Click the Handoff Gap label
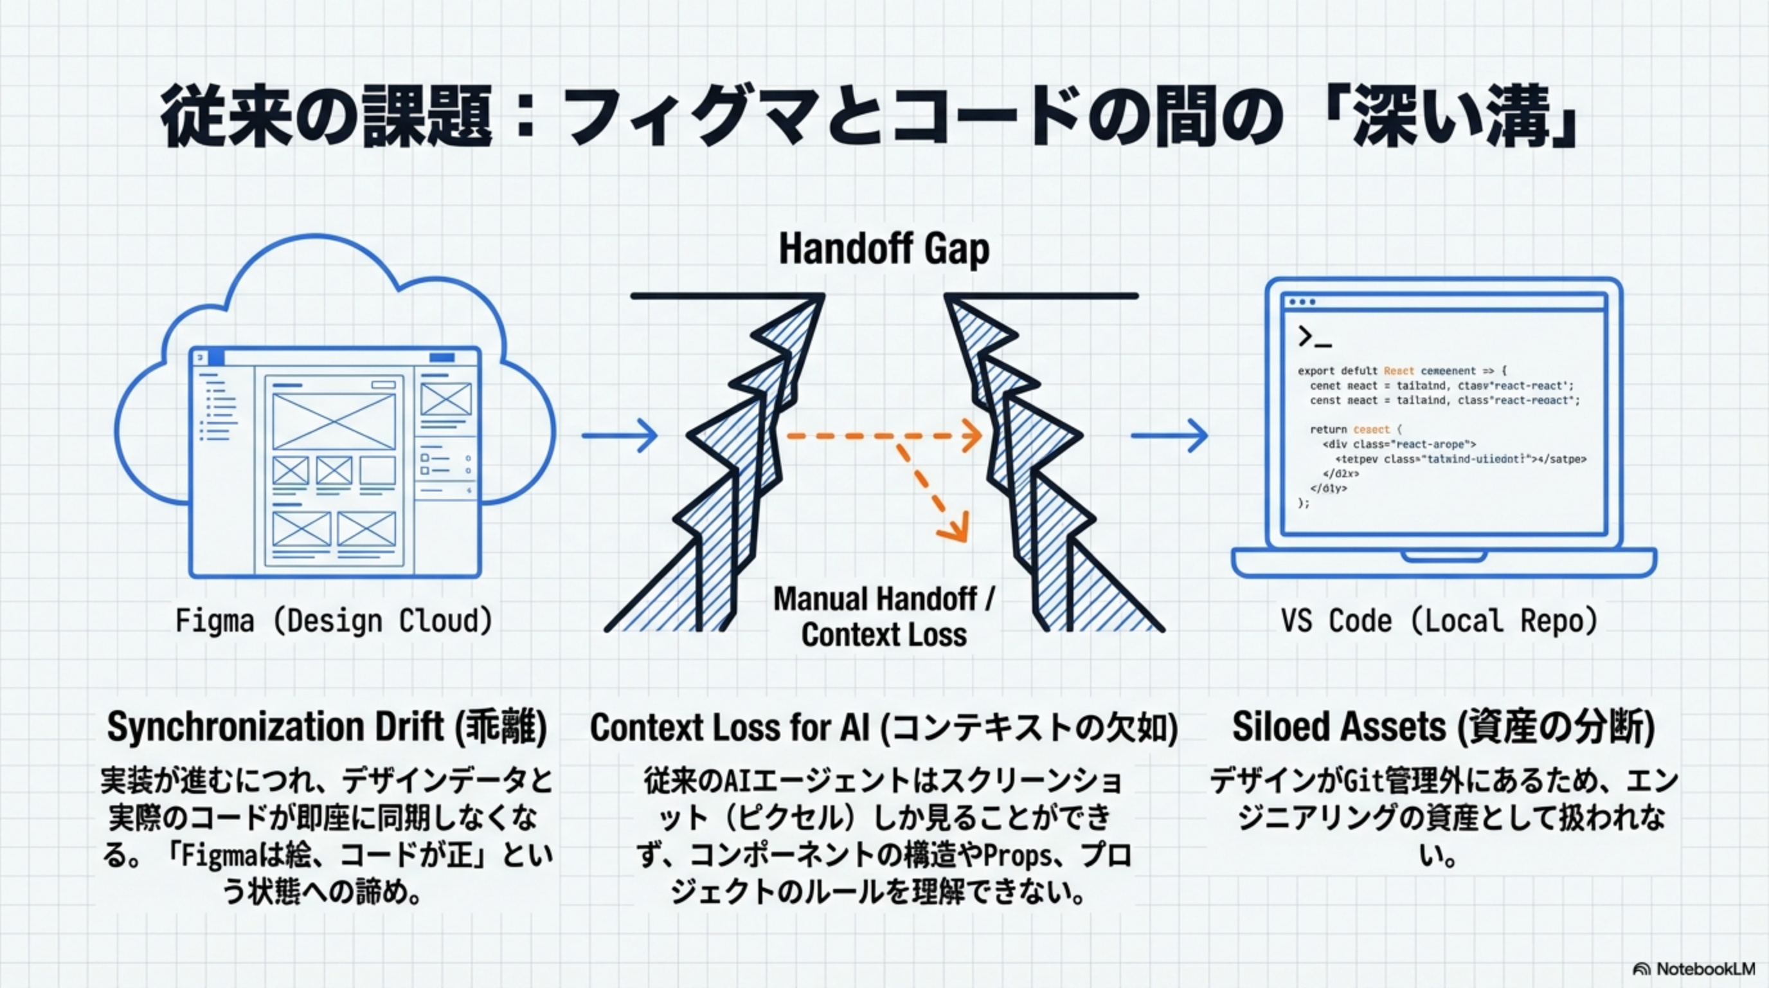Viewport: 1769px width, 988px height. pyautogui.click(x=884, y=249)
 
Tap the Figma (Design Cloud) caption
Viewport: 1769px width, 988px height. pyautogui.click(x=334, y=621)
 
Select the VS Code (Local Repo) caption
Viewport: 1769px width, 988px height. pyautogui.click(x=1439, y=621)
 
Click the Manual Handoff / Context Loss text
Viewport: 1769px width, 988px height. pyautogui.click(x=884, y=616)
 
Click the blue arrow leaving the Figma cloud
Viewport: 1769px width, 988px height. pyautogui.click(x=620, y=435)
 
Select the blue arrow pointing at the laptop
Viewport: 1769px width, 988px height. pyautogui.click(x=1169, y=435)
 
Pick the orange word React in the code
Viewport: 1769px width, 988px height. pyautogui.click(x=1399, y=371)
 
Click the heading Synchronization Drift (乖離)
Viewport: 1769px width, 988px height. pyautogui.click(x=327, y=727)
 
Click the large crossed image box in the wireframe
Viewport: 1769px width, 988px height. pyautogui.click(x=334, y=421)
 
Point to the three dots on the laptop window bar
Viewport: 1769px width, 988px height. pyautogui.click(x=1302, y=302)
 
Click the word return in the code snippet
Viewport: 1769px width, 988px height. pyautogui.click(x=1328, y=430)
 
